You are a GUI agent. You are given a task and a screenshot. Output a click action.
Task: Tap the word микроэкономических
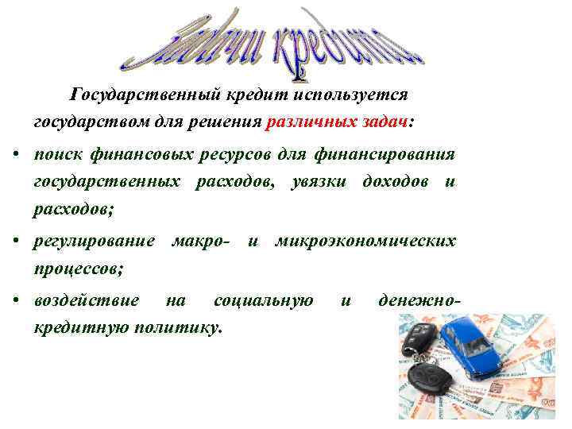coord(366,240)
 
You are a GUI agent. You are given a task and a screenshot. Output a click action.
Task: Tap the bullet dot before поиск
coord(16,153)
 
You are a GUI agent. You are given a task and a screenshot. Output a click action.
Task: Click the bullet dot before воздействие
coord(16,300)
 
